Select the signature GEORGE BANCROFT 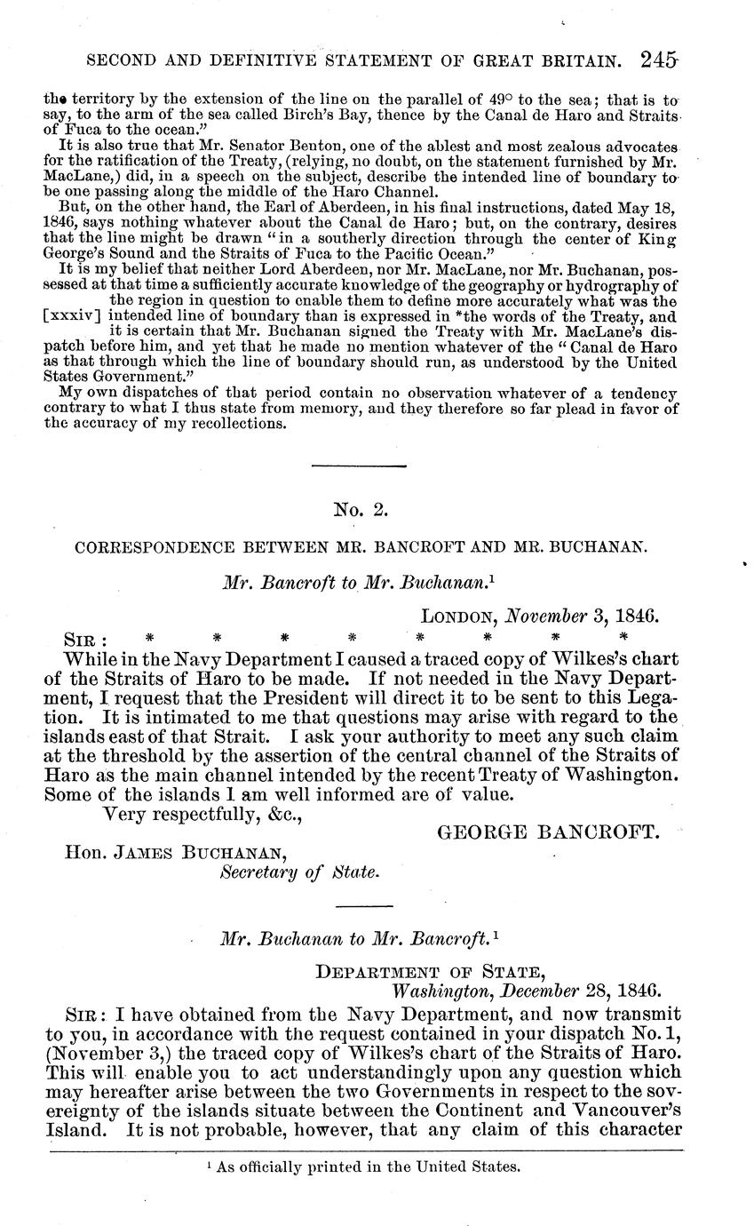tap(548, 832)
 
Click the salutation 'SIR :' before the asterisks tap(89, 637)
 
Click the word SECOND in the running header tap(119, 61)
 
